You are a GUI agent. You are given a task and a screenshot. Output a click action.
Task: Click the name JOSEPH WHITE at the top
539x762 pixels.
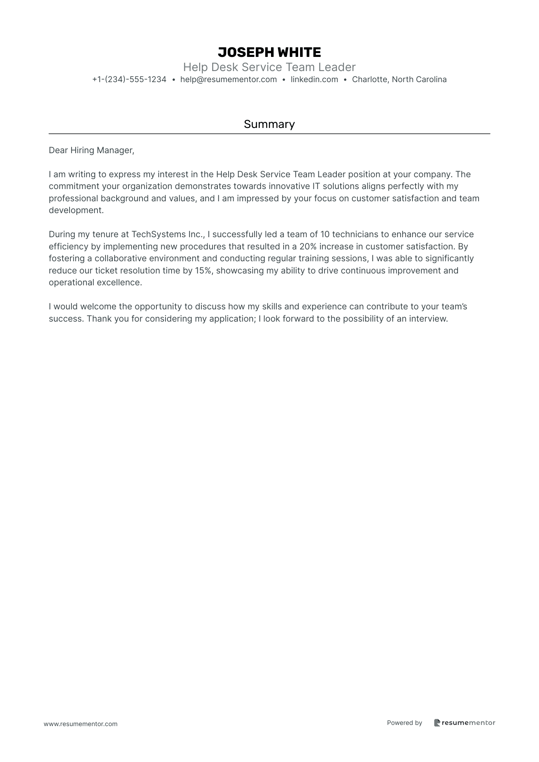pos(269,52)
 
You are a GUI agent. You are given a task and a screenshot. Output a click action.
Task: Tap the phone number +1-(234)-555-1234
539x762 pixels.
pos(129,79)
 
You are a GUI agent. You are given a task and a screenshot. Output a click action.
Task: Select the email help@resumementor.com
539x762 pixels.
pos(228,79)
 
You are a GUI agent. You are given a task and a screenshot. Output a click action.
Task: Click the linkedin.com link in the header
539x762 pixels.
pos(314,79)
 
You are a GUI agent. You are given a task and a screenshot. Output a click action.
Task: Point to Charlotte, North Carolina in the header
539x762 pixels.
pos(399,79)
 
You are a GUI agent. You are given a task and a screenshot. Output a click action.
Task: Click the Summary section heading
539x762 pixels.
pos(269,124)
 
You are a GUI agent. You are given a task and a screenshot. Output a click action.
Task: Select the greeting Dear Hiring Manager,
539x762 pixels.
pos(91,150)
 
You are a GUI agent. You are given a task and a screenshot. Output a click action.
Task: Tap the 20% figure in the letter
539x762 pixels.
pos(308,246)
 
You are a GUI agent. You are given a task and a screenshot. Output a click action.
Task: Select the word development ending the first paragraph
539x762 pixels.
pos(76,210)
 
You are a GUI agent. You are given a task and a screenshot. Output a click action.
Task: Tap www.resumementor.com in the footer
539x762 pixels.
pos(81,724)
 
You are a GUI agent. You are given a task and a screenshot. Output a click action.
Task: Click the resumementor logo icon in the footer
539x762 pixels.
pos(437,723)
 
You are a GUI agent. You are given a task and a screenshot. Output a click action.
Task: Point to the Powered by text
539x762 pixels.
pos(404,723)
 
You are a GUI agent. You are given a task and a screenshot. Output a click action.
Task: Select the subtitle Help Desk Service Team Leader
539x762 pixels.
pos(269,67)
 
